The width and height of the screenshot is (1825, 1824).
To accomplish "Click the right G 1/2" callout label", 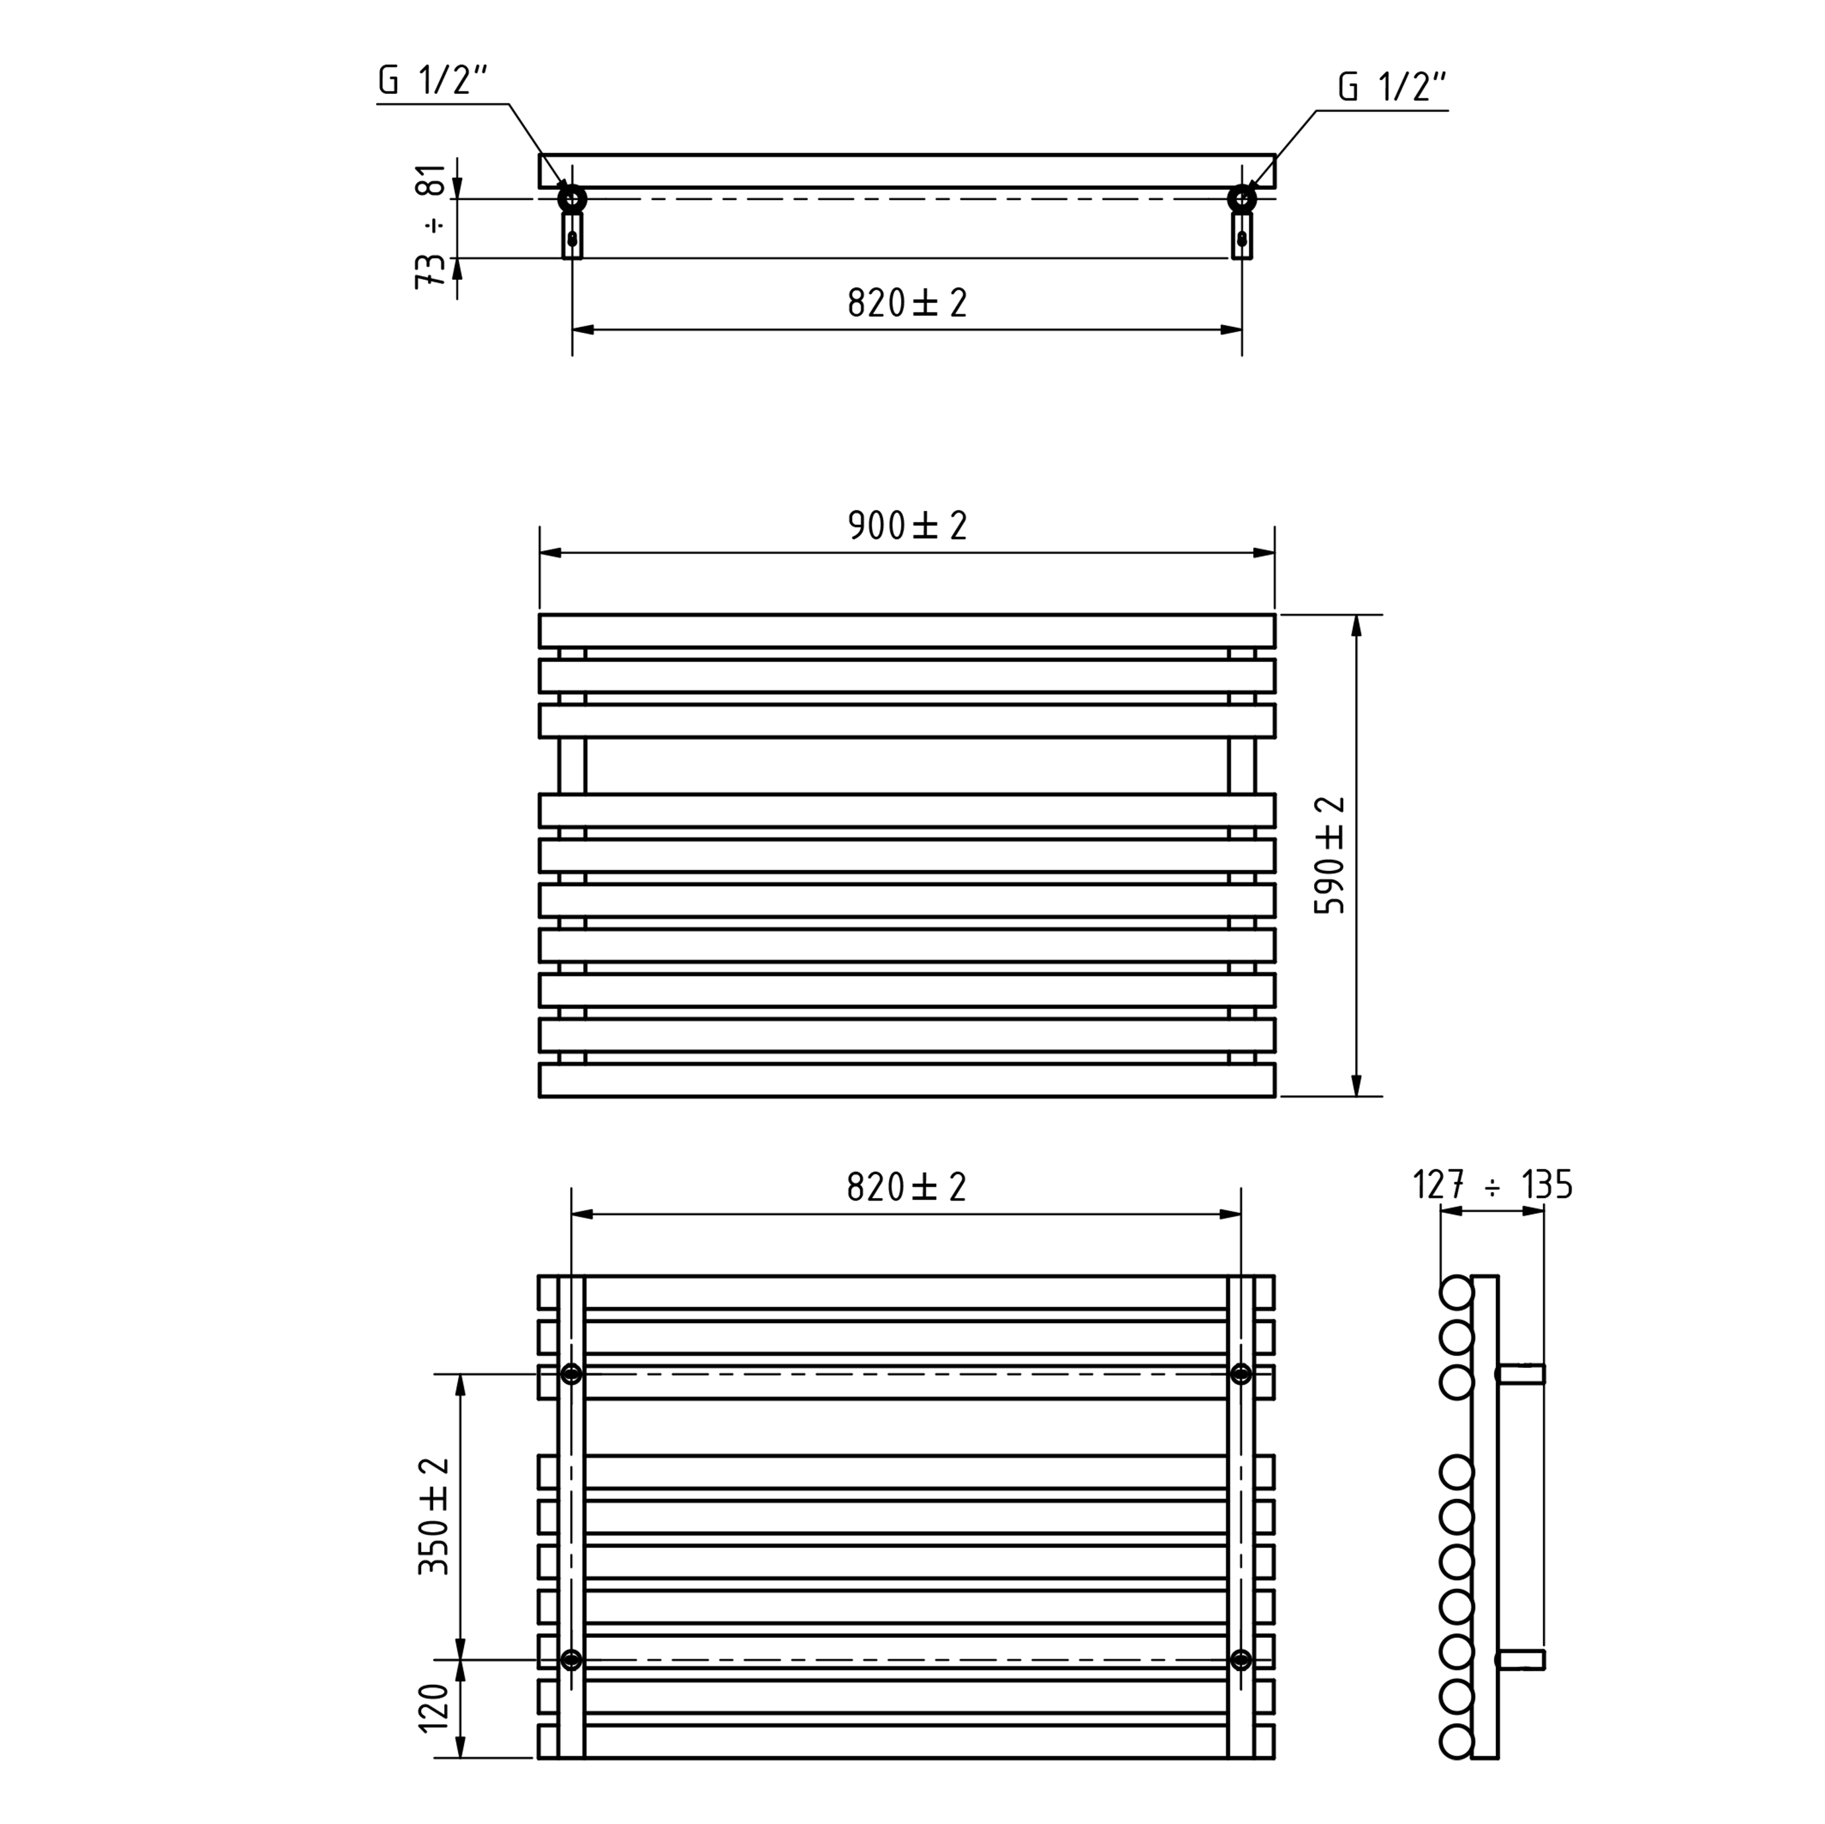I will [1392, 88].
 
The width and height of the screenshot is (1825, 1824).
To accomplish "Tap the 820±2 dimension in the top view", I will [907, 303].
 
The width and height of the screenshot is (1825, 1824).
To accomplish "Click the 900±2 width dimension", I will [907, 525].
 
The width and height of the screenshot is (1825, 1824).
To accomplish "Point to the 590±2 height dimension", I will [1330, 855].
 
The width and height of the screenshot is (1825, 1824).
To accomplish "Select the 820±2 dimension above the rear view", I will [907, 1187].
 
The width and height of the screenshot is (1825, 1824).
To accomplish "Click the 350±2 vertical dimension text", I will [434, 1516].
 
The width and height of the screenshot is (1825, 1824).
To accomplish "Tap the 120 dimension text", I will [434, 1707].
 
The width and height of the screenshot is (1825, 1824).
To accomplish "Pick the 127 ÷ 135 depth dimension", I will [1493, 1185].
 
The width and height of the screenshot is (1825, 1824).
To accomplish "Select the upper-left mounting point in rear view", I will [571, 1375].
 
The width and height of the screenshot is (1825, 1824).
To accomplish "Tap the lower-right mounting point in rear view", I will [1241, 1660].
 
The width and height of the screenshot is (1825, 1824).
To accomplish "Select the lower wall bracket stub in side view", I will [1521, 1660].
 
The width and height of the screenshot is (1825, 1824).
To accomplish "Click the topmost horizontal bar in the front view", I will [907, 631].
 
